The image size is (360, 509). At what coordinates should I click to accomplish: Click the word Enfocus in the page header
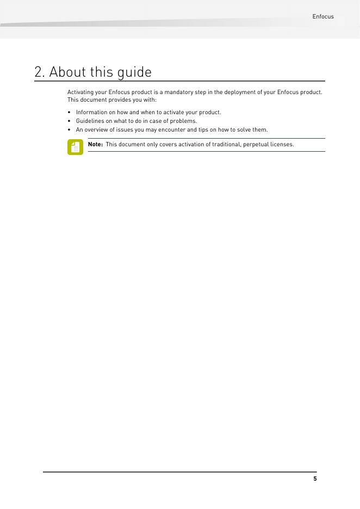323,17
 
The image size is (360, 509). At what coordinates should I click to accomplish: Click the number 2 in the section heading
38,72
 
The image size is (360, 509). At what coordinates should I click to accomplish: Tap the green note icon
75,147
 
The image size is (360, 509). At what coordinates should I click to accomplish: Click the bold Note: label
95,145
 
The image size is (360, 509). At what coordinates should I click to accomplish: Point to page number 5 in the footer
315,479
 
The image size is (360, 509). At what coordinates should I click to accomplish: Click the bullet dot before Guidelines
70,121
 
